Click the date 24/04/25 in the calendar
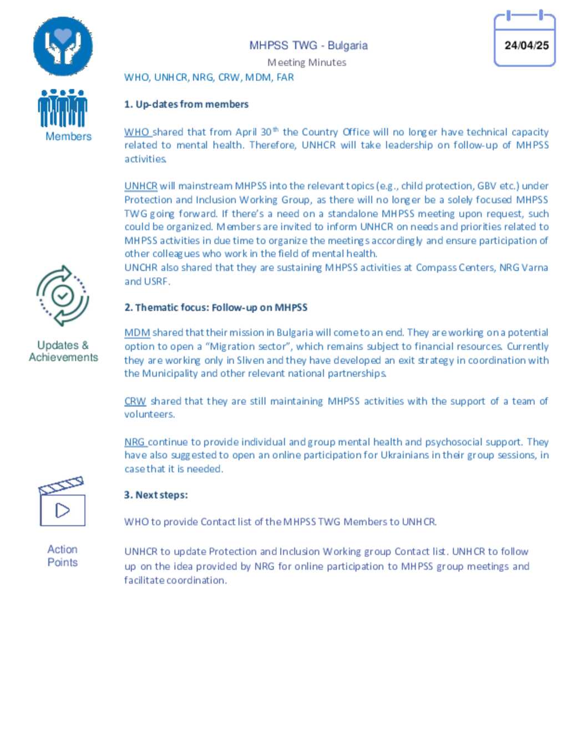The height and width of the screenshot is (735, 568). [526, 45]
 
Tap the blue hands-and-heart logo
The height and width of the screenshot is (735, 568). [63, 46]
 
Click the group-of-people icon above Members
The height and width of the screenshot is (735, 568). [63, 108]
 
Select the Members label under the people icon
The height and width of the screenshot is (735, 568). [68, 136]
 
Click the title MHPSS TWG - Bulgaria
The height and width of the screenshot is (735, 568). [308, 45]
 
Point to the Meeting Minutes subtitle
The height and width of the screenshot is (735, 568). [307, 63]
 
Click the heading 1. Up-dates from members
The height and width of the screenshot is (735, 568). [186, 104]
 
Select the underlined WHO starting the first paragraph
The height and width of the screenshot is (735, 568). [136, 132]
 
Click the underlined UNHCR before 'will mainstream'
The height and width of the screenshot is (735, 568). [141, 186]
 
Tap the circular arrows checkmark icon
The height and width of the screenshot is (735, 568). [63, 296]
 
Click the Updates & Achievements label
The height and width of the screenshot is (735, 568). [63, 351]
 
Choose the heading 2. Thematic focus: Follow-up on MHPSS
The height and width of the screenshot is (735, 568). [215, 307]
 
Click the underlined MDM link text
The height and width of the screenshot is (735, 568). [137, 333]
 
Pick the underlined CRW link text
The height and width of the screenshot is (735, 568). [135, 401]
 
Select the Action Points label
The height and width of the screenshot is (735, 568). [62, 556]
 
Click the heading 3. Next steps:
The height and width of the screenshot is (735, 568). [156, 495]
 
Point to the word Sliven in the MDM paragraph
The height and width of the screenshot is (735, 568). [250, 360]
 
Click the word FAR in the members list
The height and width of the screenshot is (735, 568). [285, 78]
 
